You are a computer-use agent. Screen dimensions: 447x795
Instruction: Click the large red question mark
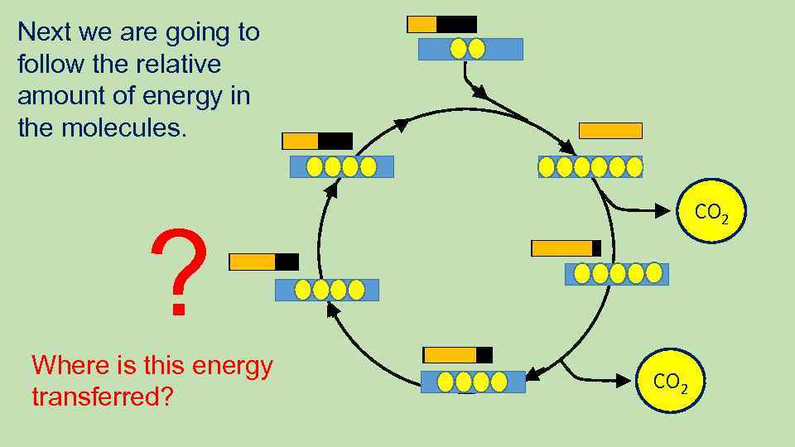click(177, 274)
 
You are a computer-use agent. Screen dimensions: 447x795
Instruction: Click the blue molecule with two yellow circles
click(470, 49)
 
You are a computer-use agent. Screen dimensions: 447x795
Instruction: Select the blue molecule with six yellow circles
click(590, 167)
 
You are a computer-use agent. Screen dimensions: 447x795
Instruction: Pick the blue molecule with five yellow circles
click(616, 273)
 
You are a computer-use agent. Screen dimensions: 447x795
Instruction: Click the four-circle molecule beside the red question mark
click(326, 290)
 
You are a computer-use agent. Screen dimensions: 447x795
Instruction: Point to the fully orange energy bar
click(610, 131)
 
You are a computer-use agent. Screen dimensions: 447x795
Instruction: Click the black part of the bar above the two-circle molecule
click(456, 25)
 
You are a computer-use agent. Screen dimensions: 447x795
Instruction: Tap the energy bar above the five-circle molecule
click(566, 248)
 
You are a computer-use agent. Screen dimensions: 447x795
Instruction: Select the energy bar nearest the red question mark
click(263, 262)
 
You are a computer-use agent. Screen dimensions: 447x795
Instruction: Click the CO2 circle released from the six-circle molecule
click(711, 213)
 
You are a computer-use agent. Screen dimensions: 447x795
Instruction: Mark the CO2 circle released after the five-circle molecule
click(671, 382)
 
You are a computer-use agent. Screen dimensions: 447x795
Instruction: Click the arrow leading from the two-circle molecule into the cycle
click(497, 103)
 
